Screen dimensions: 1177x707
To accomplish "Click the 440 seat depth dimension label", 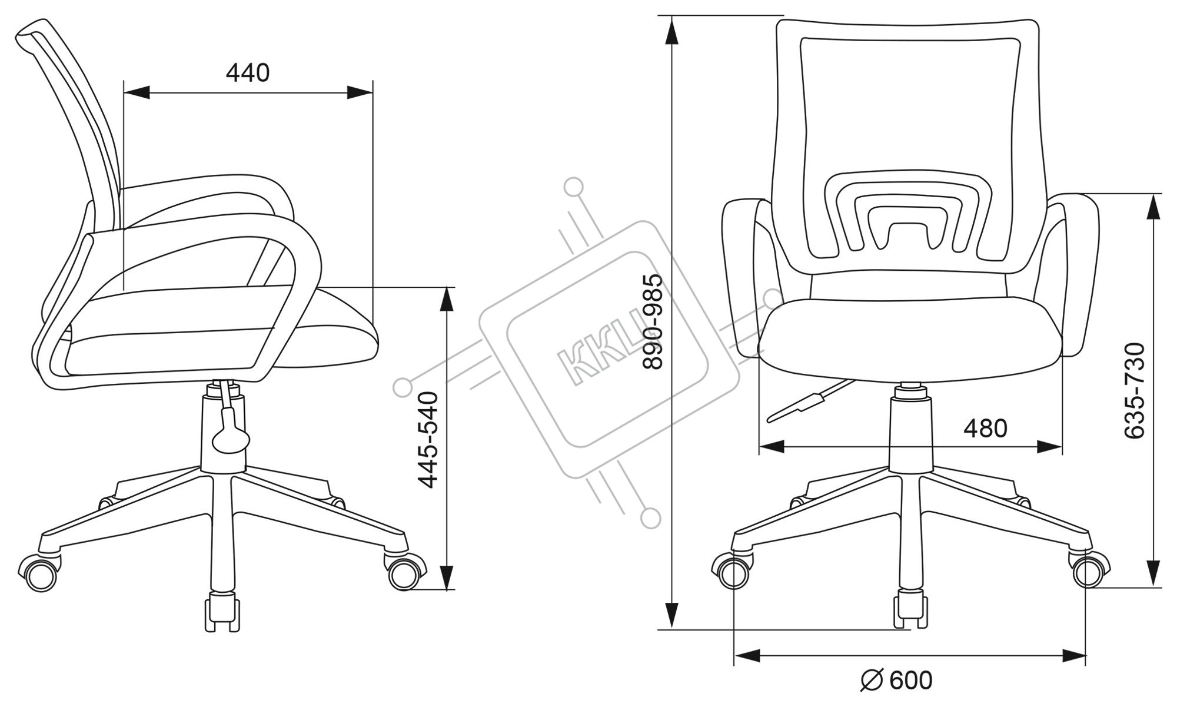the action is (248, 73).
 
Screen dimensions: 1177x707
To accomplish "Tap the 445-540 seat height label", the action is (428, 440).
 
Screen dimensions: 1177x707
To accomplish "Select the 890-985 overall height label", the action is (653, 321).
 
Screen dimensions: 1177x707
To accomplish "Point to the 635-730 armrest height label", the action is (1135, 391).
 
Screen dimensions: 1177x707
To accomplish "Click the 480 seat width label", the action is (985, 429).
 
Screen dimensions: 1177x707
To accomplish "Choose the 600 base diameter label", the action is (911, 681).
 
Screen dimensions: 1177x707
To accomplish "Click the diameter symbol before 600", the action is (872, 681).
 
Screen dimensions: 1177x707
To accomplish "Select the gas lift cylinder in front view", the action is (910, 434).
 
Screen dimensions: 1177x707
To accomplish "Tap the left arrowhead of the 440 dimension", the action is (137, 92).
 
